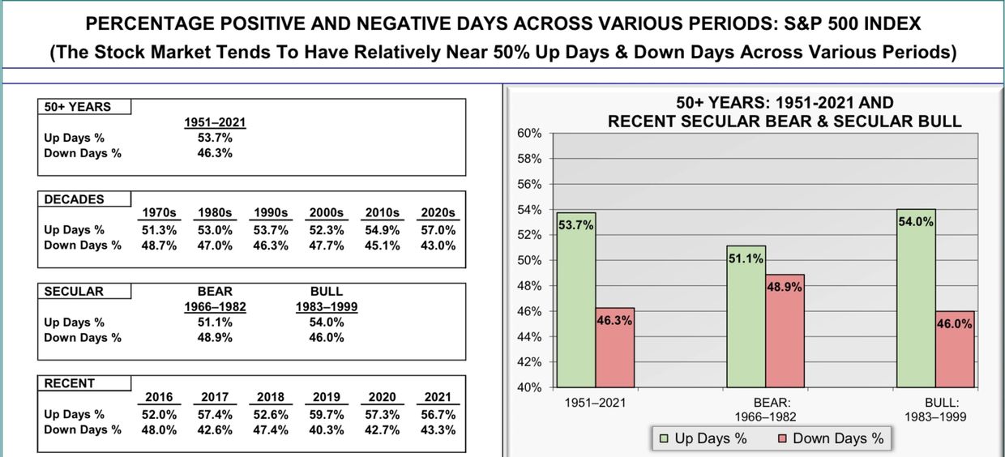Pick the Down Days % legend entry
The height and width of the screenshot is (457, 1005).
point(831,438)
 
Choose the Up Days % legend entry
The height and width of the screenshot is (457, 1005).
point(703,438)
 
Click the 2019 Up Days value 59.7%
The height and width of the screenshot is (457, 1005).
point(327,414)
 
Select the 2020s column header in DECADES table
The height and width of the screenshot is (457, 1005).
point(438,213)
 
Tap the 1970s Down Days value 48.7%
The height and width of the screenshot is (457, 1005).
point(159,246)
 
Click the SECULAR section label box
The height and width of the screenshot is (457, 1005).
point(84,291)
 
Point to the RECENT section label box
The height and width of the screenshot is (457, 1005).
point(84,383)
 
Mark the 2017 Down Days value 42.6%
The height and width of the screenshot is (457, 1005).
point(215,429)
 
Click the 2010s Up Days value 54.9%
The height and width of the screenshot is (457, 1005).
point(383,230)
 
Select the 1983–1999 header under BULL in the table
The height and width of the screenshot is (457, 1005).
point(327,307)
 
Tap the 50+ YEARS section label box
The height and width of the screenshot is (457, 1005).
point(84,107)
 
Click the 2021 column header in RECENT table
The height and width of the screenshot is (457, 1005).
point(438,398)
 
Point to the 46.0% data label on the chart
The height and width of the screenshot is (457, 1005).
point(955,324)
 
